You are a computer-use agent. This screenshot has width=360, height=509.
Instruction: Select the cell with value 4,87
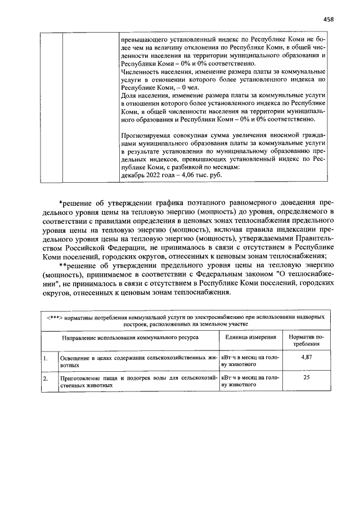(307, 357)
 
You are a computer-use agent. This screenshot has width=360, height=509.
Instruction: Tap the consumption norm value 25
(307, 377)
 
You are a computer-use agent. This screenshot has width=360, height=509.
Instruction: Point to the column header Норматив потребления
(307, 340)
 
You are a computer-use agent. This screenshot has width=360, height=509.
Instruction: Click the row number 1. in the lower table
(45, 358)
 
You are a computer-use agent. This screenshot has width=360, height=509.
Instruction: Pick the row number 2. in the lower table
(45, 378)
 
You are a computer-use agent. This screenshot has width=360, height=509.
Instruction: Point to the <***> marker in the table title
(53, 317)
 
